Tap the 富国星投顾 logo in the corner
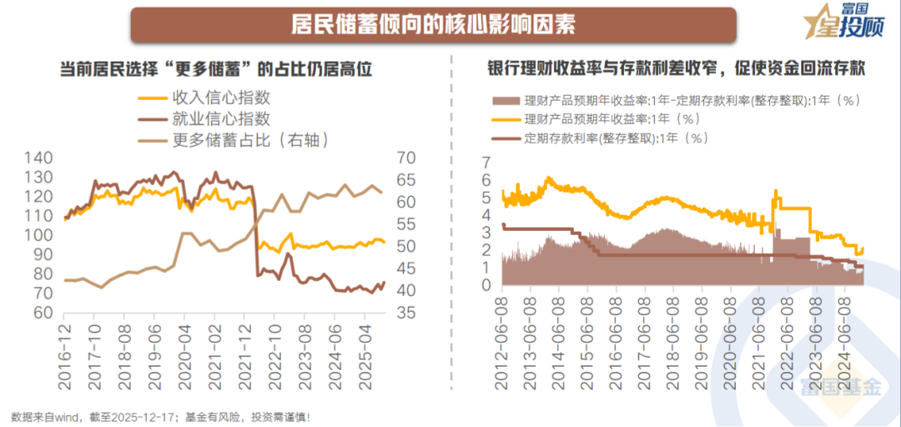pos(844,23)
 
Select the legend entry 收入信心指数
pos(220,98)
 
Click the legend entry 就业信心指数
pos(220,118)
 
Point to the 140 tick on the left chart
pos(38,158)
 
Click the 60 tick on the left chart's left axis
pos(43,313)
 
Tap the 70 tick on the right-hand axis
pos(406,158)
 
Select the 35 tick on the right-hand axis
pos(405,313)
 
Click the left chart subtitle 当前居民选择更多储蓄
pos(215,70)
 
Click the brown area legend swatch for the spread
pos(504,101)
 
